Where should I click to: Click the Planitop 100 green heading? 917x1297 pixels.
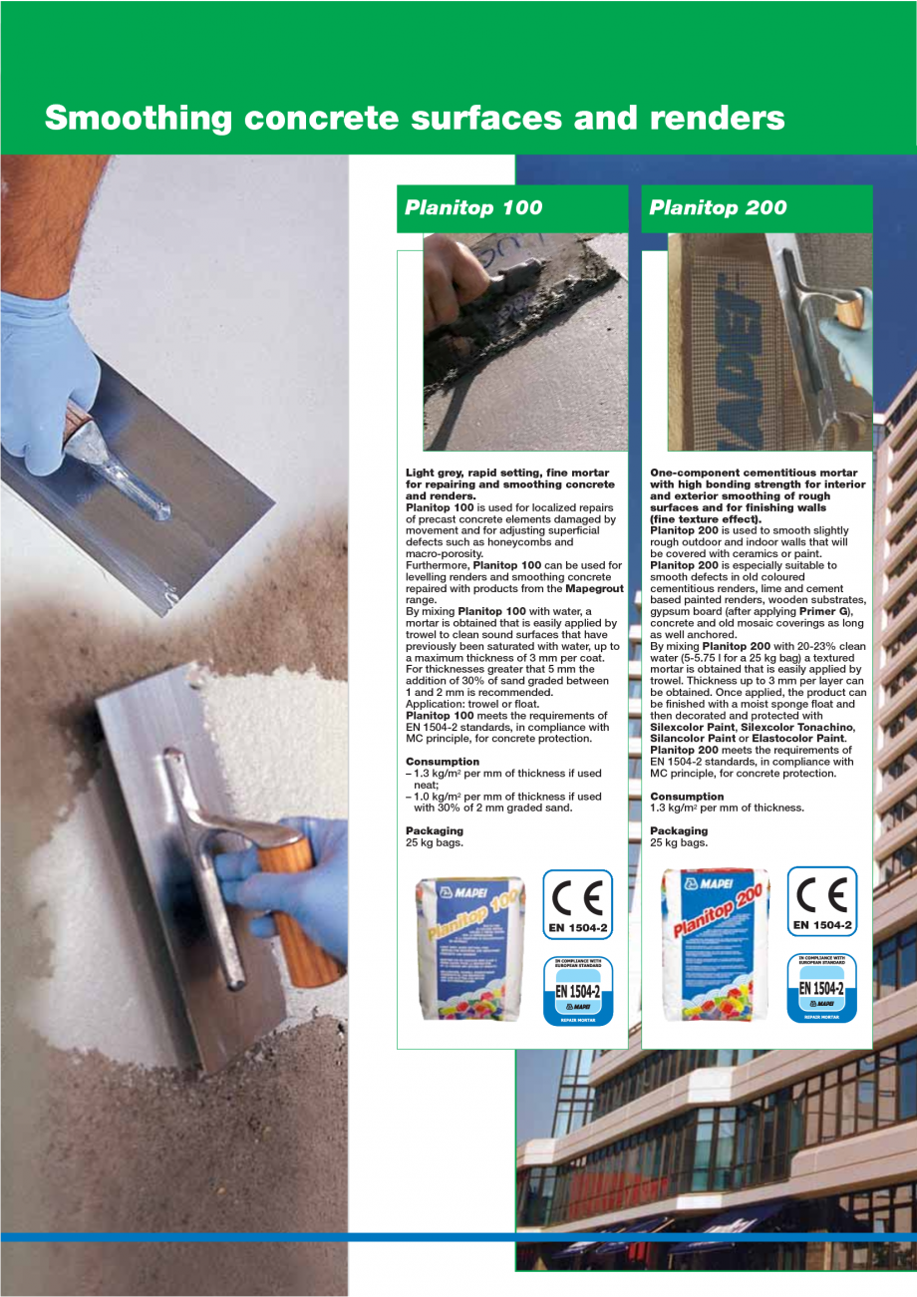473,207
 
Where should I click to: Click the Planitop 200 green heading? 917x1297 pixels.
718,207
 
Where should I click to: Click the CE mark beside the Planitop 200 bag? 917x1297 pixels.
822,902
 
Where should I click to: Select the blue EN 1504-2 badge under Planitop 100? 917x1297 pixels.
578,990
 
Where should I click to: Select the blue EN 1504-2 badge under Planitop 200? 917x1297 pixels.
822,989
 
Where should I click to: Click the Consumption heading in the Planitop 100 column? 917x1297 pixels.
443,762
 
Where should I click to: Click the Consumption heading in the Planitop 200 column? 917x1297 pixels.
687,797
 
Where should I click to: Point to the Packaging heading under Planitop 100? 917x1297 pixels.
435,830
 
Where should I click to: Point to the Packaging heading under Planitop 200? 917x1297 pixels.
679,830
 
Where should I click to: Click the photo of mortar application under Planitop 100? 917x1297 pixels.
525,342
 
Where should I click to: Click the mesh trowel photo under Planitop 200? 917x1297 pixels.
769,342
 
